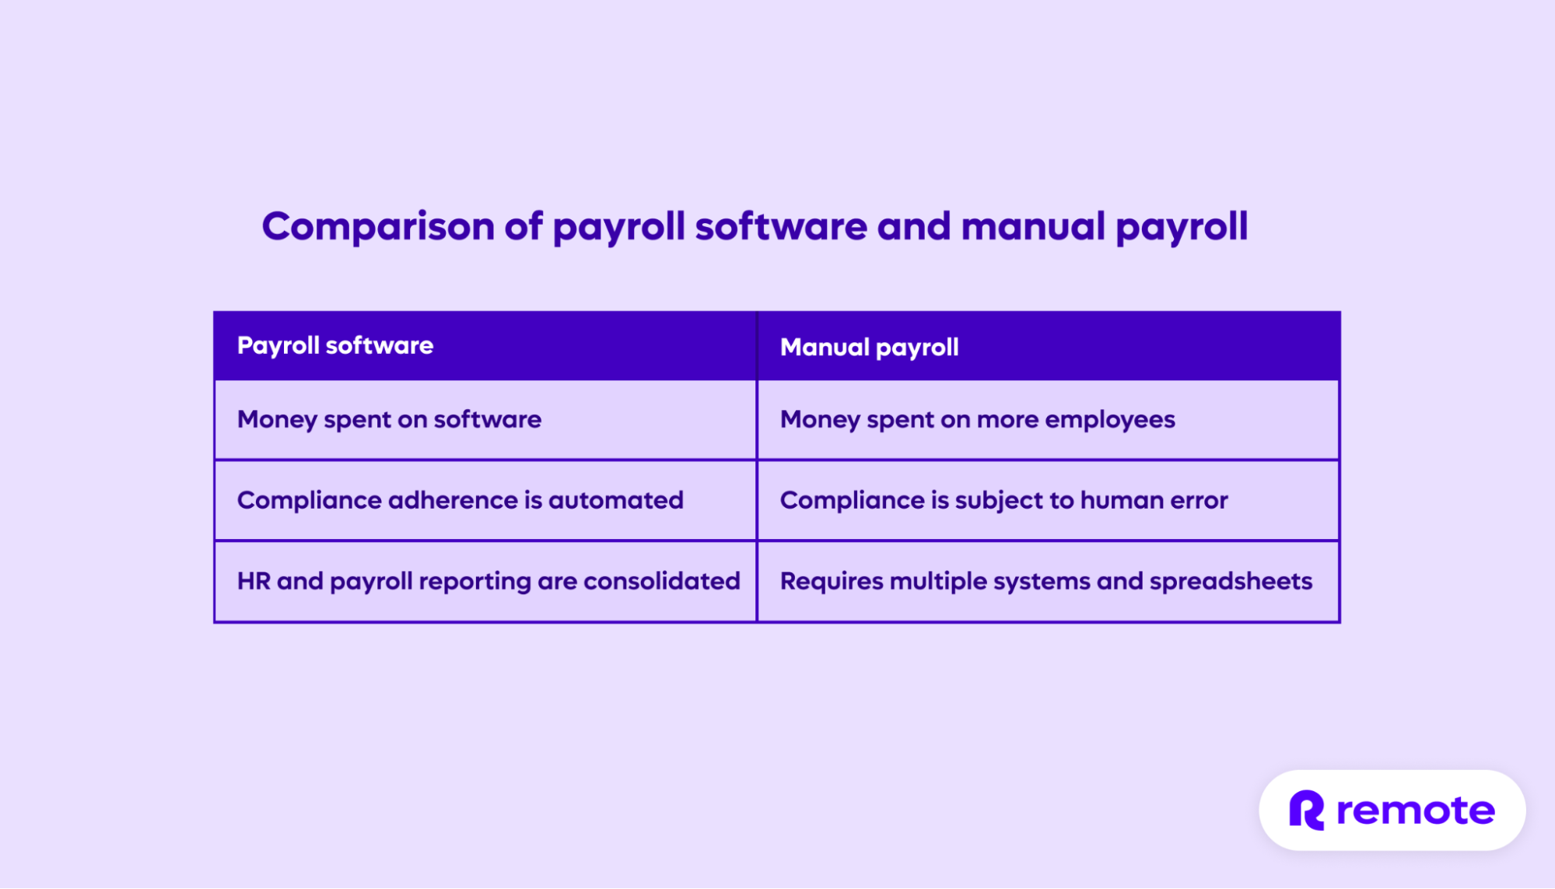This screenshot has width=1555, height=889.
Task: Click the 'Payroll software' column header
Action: coord(335,345)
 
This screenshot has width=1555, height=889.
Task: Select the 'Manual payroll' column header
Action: coord(869,347)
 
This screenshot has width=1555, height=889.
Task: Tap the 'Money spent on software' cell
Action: coord(389,420)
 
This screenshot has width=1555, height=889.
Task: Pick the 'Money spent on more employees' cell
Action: coord(977,420)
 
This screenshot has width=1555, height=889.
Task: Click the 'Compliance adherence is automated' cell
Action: coord(460,500)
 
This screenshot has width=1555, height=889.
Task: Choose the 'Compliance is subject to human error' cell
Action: coord(1003,500)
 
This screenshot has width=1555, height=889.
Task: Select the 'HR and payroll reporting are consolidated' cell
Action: coord(489,581)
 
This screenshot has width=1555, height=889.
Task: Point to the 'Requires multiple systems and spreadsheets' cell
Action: coord(1045,581)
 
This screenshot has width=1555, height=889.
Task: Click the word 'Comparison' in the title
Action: coord(378,226)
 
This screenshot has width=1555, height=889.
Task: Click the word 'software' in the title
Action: coord(780,226)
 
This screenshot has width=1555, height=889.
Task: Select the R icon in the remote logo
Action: coord(1307,810)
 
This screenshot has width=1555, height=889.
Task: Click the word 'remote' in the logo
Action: coord(1415,810)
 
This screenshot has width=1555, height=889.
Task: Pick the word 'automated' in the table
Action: coord(615,500)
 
